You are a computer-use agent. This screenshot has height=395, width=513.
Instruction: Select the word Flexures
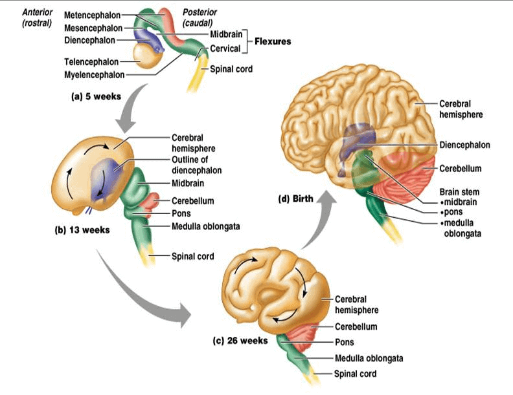(x=272, y=41)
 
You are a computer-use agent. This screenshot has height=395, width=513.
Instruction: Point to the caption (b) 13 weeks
(x=81, y=230)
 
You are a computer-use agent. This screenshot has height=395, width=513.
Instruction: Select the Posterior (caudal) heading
(x=198, y=17)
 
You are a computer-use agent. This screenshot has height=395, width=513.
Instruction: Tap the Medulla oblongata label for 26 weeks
(x=369, y=358)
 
